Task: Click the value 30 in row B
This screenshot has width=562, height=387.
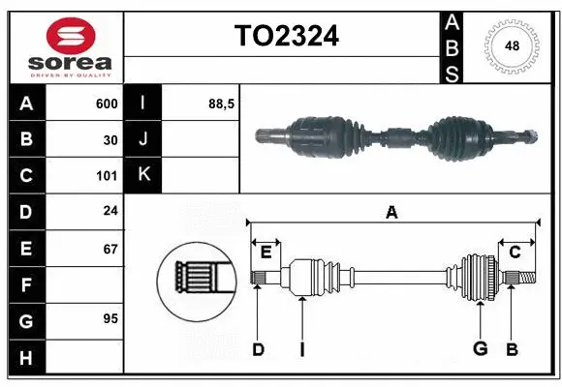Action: click(110, 139)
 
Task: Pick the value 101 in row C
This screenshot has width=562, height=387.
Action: click(107, 176)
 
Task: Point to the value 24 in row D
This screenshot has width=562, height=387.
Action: click(110, 212)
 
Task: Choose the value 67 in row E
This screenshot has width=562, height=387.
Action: click(110, 249)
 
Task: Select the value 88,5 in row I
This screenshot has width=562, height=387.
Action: click(223, 104)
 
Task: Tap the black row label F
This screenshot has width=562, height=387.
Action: click(25, 284)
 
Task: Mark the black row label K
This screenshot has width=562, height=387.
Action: click(143, 175)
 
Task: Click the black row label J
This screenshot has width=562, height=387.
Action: click(143, 139)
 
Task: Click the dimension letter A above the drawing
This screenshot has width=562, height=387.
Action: click(391, 212)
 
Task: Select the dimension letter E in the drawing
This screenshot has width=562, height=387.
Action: click(265, 253)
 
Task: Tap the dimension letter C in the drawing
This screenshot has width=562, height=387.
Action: click(515, 253)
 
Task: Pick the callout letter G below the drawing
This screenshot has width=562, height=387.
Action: click(479, 349)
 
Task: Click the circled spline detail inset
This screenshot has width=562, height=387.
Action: click(196, 280)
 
